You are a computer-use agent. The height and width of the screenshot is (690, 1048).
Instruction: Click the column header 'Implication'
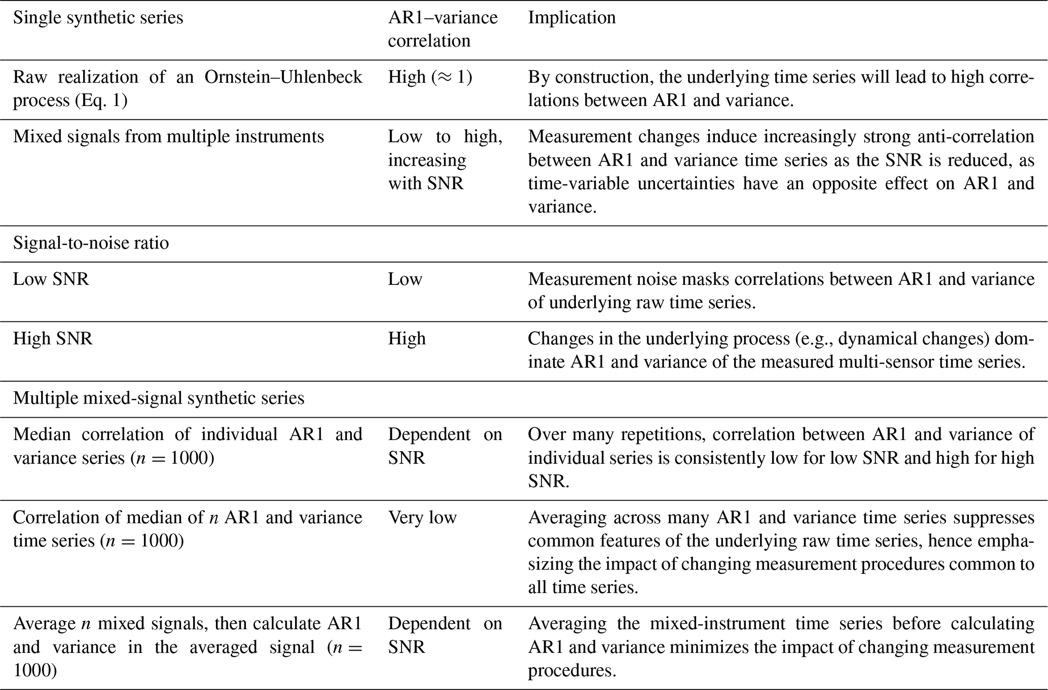(x=571, y=18)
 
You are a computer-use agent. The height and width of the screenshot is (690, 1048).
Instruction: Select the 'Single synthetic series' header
(x=98, y=18)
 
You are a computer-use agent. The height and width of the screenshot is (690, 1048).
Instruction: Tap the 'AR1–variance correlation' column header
(x=443, y=29)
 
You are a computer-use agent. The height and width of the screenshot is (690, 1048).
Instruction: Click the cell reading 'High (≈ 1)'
(x=430, y=77)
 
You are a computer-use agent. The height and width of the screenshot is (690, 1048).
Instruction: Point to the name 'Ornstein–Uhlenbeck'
(x=283, y=77)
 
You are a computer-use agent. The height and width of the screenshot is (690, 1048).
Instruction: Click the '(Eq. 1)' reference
(x=101, y=100)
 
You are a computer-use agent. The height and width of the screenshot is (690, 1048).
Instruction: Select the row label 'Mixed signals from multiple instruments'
(x=168, y=137)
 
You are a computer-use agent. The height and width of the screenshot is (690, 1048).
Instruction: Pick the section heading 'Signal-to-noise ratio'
(x=91, y=243)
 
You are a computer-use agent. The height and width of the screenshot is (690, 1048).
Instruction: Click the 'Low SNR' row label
(x=51, y=279)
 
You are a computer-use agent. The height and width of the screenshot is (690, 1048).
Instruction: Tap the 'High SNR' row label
(x=53, y=339)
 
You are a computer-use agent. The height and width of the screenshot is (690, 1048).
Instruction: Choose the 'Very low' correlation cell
(x=422, y=518)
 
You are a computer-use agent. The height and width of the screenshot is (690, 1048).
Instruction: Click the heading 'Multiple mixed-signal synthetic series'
(x=159, y=398)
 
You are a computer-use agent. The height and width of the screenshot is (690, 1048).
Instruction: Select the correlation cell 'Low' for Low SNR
(x=405, y=279)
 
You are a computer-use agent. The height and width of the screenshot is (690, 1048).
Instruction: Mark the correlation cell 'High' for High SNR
(x=407, y=339)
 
